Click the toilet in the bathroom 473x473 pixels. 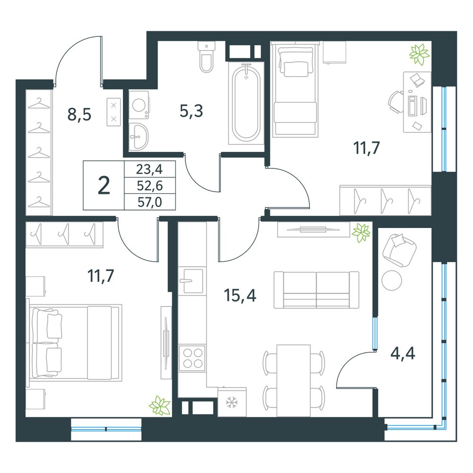[207, 57]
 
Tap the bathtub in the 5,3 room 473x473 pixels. [246, 103]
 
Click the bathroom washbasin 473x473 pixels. [138, 136]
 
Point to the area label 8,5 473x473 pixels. [79, 114]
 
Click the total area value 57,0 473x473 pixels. [150, 202]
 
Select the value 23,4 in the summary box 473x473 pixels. [149, 169]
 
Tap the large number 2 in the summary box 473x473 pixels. [104, 186]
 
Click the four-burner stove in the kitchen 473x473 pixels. [192, 358]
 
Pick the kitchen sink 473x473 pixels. [190, 280]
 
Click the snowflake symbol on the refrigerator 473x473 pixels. [232, 403]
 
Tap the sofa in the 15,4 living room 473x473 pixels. [316, 289]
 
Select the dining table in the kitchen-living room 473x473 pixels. [294, 381]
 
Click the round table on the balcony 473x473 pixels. [392, 280]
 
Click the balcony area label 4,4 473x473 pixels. [403, 353]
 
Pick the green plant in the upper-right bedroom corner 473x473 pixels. [419, 54]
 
